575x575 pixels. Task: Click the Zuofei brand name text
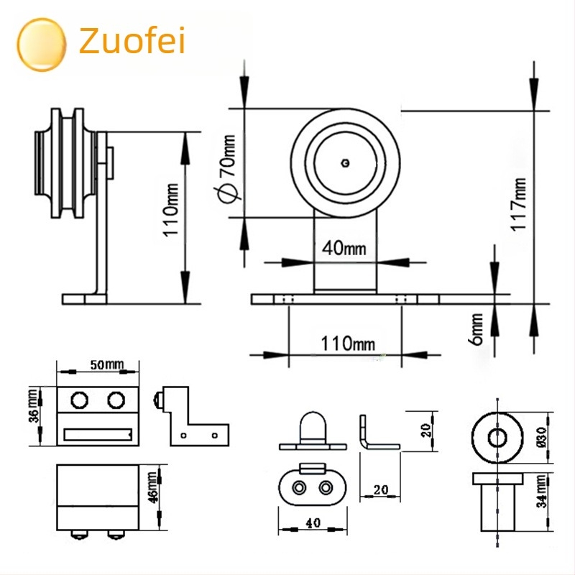point(132,40)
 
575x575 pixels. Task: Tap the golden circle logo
point(42,45)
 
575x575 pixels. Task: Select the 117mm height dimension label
point(518,204)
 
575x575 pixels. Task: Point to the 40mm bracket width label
point(344,248)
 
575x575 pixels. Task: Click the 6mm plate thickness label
point(476,329)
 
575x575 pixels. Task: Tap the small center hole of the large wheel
point(345,163)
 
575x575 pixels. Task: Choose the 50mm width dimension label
point(107,364)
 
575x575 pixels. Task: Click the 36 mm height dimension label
point(33,405)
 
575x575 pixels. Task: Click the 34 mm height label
point(542,491)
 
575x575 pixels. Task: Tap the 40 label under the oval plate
point(313,523)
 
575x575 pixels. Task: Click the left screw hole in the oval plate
point(299,488)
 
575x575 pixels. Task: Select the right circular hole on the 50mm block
point(116,400)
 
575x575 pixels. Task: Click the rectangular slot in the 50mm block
point(98,435)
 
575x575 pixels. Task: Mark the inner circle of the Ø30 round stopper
point(497,437)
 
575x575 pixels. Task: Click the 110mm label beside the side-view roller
point(170,210)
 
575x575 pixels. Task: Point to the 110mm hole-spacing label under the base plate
point(348,344)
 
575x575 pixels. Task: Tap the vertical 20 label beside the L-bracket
point(425,430)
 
